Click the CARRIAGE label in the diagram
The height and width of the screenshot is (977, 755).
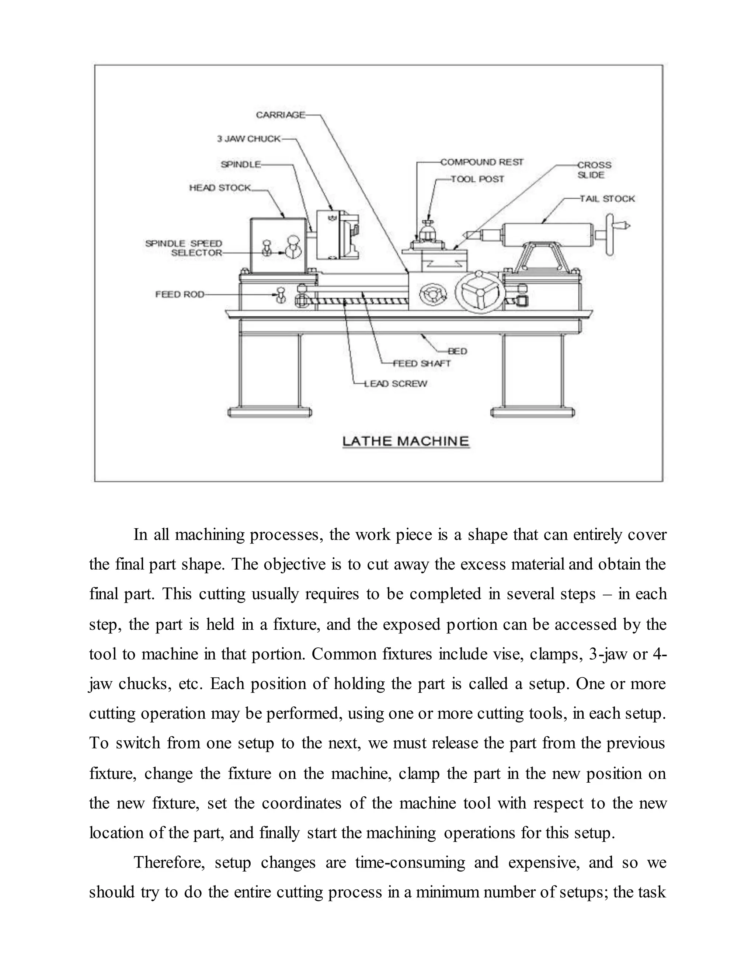280,115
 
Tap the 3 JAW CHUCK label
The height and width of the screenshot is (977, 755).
249,139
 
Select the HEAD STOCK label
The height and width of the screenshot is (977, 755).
220,188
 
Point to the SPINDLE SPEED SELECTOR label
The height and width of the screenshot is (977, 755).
184,248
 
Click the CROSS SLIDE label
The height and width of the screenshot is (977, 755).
594,170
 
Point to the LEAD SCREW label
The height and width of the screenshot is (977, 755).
396,383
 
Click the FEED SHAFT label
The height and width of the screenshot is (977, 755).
421,363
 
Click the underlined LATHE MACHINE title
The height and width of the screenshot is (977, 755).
405,442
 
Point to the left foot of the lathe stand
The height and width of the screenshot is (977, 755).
270,411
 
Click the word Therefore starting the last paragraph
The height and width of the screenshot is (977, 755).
168,862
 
